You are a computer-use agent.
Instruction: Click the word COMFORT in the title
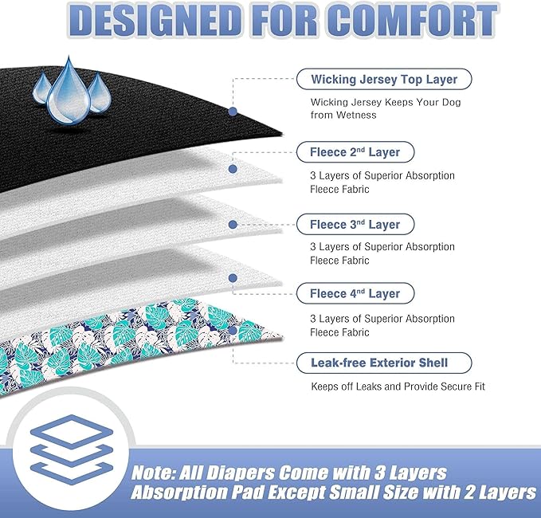pos(412,21)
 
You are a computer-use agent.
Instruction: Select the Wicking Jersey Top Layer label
pos(384,79)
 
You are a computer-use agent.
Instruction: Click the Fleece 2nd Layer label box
pos(355,152)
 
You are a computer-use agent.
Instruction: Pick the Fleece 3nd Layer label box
pos(355,224)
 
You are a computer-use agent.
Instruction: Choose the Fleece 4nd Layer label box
pos(355,293)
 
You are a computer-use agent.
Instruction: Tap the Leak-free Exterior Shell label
pos(384,363)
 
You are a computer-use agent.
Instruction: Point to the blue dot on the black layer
pos(233,111)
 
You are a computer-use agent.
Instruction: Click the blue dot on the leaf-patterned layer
pos(233,330)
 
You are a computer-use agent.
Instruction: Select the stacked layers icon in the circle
pos(72,449)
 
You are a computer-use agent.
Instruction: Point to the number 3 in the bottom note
pos(380,473)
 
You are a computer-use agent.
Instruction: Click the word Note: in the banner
pos(154,473)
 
